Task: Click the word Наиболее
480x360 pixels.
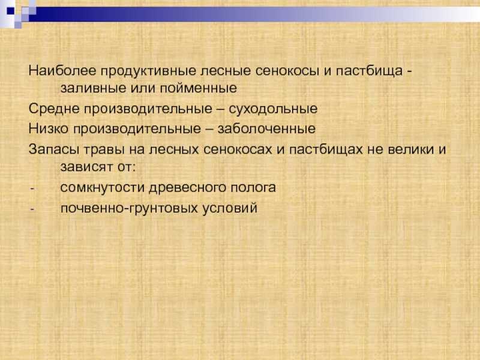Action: [62, 71]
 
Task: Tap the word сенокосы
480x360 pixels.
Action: [287, 71]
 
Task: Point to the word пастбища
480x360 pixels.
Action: [369, 71]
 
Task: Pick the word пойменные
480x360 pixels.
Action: [198, 88]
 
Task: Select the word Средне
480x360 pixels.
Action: [54, 109]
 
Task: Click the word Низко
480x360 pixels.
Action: [49, 128]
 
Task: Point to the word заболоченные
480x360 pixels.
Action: [266, 128]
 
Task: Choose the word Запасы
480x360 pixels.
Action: [54, 149]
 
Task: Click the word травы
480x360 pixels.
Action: [104, 150]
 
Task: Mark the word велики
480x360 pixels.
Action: [411, 149]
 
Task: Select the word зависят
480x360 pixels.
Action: [86, 167]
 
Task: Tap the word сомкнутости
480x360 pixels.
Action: [102, 188]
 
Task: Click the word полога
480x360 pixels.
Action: [253, 188]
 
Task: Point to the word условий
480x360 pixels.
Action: [230, 208]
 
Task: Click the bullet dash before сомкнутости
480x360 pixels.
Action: [32, 188]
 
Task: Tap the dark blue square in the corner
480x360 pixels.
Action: [10, 11]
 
